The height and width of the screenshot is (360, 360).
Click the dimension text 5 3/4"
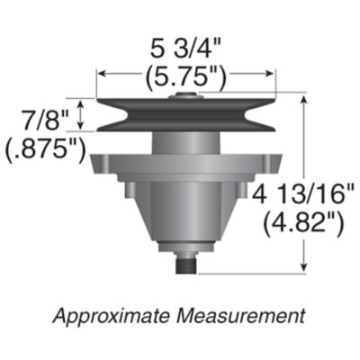coord(188,46)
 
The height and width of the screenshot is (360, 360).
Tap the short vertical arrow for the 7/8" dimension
coord(85,115)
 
